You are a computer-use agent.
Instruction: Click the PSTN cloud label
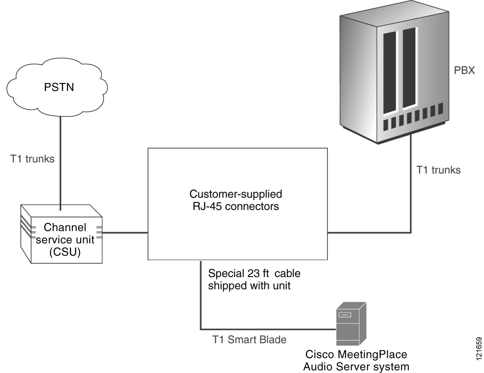59,87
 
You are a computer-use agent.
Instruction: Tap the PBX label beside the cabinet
464,71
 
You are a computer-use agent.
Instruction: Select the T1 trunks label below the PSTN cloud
32,159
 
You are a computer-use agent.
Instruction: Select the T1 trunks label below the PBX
438,170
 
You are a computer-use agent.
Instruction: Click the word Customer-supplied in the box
235,194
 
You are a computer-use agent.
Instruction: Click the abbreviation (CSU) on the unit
65,252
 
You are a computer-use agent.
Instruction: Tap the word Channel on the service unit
65,227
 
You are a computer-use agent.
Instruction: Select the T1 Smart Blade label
249,340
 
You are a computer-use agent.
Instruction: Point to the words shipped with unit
249,286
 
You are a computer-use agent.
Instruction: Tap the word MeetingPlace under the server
372,354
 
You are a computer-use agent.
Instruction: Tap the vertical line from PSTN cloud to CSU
60,162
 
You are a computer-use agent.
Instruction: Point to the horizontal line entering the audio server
268,329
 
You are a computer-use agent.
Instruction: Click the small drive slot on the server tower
345,315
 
